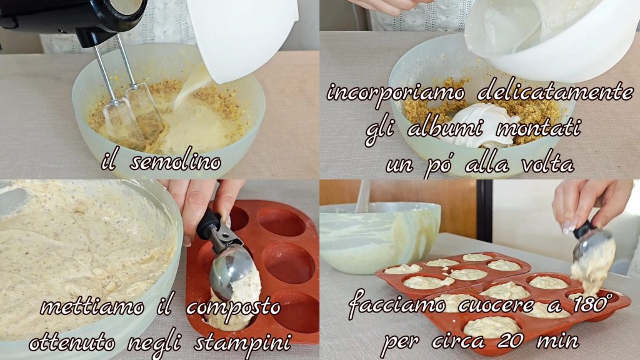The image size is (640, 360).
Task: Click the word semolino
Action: (x=176, y=162)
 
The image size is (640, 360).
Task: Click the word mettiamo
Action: (x=92, y=306)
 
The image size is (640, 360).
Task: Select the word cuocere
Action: (x=497, y=306)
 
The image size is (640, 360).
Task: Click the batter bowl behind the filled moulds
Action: (x=379, y=237)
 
